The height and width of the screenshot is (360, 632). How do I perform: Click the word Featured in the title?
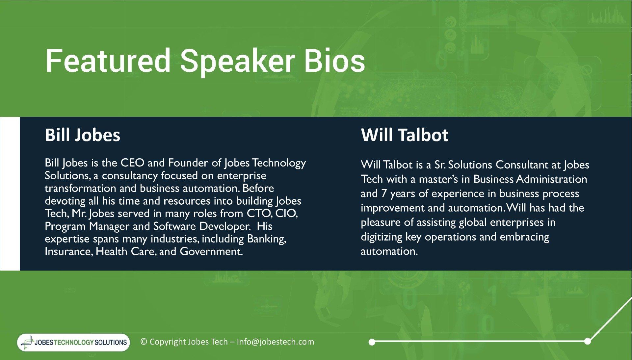coord(108,61)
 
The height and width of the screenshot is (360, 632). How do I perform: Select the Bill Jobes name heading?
coord(83,135)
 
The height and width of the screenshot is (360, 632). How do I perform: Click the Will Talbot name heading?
coord(405,135)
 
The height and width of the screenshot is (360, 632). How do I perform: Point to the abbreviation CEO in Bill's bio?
coord(132,163)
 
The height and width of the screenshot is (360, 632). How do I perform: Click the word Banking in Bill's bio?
coord(266,239)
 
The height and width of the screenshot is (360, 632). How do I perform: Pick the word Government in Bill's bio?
coord(211,251)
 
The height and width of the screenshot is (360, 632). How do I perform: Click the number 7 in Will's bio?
coord(384,193)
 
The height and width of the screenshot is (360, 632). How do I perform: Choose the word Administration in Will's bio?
coord(552,179)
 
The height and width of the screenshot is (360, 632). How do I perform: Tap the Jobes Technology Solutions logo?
coord(74,342)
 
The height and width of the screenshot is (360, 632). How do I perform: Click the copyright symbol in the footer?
coord(144,342)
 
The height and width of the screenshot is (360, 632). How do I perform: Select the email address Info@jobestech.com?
coord(276,342)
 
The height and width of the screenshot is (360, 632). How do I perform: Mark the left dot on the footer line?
coord(372,342)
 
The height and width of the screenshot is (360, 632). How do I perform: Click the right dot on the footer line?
coord(588,341)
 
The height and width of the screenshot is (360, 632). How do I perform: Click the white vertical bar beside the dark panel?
coord(10,193)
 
